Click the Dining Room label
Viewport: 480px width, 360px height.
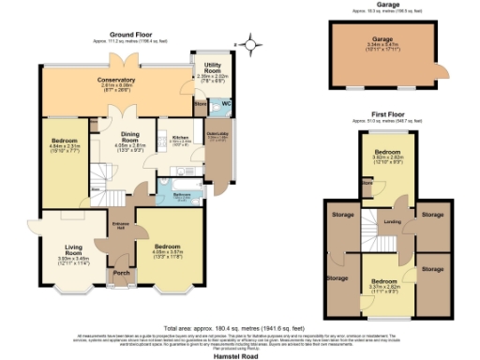127,138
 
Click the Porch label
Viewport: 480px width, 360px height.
121,274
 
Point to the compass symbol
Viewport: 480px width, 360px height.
248,42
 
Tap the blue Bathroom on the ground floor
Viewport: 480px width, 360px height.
175,195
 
